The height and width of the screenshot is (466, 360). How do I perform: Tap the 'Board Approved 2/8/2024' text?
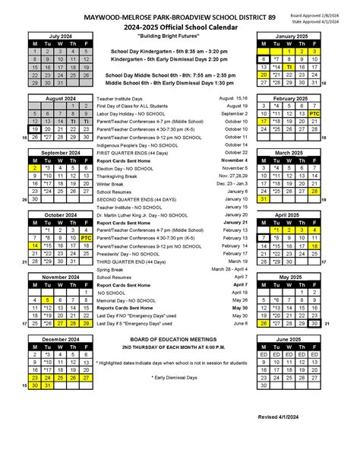pyautogui.click(x=314, y=15)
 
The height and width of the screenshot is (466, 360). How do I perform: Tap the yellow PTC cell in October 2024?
pyautogui.click(x=86, y=238)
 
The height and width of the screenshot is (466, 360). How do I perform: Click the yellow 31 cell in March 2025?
pyautogui.click(x=264, y=199)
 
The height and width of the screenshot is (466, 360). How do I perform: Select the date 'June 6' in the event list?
pyautogui.click(x=238, y=323)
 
